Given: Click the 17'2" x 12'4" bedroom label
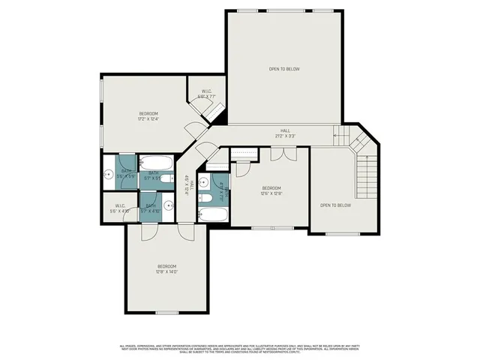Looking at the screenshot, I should pos(148,115).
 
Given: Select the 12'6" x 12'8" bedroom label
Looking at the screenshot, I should pos(271,190).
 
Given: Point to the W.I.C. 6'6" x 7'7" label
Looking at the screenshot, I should pos(207,94).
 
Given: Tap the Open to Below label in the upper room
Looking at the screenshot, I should pos(284,69).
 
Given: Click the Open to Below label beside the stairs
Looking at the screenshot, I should pos(335,205).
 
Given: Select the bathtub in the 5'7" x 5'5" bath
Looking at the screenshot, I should pos(157,162).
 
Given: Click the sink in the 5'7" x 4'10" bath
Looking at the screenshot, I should pos(167,208).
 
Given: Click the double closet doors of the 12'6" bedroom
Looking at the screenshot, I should pos(283,154).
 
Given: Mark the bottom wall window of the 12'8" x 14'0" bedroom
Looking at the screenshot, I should pos(166,312).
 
